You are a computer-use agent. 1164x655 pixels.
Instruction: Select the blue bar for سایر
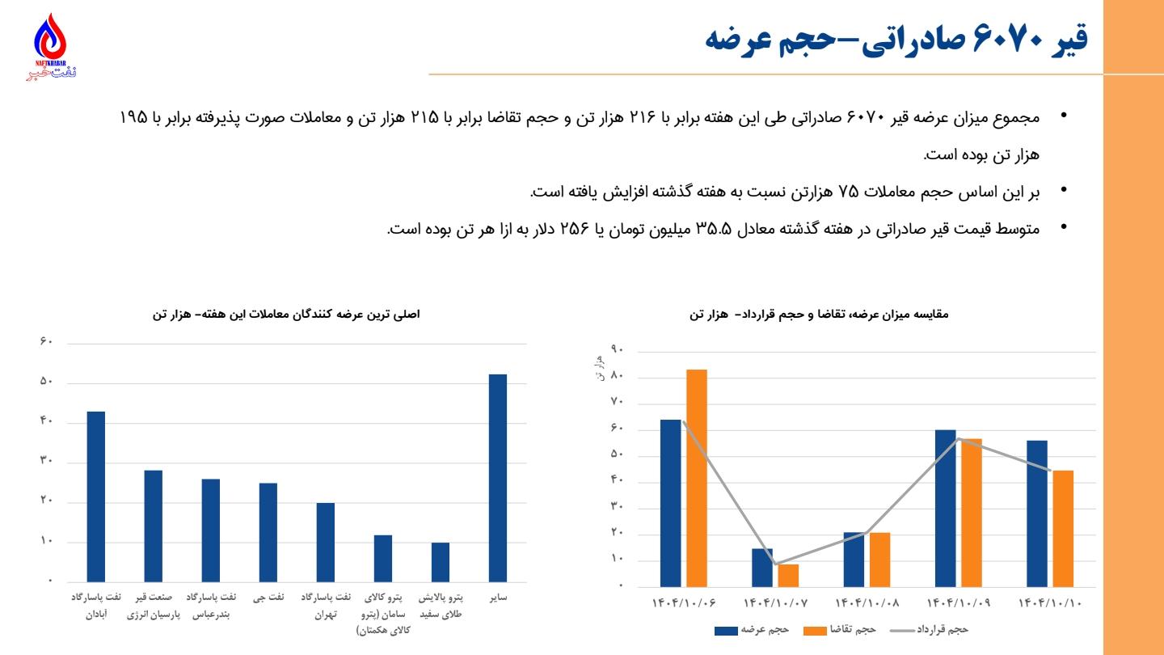(x=498, y=478)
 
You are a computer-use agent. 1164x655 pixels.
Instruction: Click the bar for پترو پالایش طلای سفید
(x=441, y=562)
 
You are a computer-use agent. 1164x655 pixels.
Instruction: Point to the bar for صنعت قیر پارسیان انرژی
(x=154, y=526)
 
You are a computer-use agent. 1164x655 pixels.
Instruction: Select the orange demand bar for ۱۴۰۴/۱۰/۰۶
(x=697, y=478)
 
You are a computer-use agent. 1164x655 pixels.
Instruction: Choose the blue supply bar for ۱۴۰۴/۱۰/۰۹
(x=945, y=508)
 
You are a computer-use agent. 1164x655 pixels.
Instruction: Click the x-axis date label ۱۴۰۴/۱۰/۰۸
(x=867, y=602)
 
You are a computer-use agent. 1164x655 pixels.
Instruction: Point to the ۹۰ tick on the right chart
(x=618, y=351)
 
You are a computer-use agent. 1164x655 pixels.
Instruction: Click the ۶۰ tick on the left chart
(x=46, y=343)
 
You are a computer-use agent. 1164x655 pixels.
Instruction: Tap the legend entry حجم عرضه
(x=752, y=629)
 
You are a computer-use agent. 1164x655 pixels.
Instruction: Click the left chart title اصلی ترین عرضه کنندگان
(x=286, y=313)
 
